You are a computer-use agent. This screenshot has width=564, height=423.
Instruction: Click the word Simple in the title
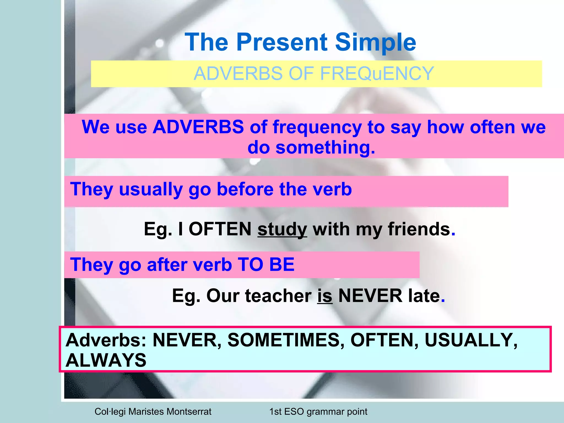(375, 42)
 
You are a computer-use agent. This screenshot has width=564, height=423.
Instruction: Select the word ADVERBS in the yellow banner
(238, 74)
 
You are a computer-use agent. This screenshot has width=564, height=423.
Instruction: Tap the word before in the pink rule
(245, 189)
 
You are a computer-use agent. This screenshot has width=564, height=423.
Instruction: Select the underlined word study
(282, 229)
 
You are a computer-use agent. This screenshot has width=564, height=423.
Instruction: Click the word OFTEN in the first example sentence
(220, 229)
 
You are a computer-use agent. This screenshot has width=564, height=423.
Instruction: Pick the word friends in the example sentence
(419, 229)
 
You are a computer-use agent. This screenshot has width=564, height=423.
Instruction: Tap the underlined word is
(325, 295)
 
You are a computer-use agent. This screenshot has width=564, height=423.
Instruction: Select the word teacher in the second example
(278, 295)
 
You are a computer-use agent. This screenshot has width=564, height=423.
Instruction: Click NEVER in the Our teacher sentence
(370, 295)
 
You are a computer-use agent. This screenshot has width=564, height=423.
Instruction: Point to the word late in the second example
(424, 295)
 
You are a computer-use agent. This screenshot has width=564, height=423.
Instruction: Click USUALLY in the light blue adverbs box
(471, 340)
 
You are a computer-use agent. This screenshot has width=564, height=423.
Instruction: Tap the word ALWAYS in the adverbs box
(106, 360)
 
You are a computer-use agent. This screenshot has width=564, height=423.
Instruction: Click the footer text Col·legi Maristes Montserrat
(153, 411)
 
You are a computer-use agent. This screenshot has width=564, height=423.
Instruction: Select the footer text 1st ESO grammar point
(318, 411)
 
